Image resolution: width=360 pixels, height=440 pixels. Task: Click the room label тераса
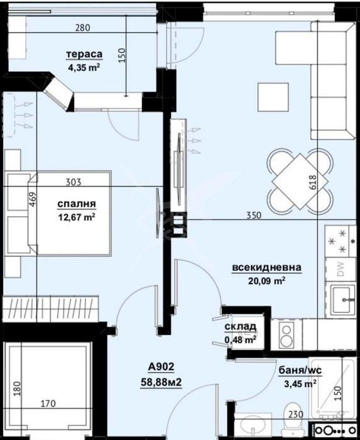tap(84, 54)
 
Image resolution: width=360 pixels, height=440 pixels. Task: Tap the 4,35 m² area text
tap(84, 67)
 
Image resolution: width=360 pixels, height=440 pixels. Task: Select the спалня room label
tap(77, 204)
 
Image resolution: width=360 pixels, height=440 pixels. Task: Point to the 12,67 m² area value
tap(77, 217)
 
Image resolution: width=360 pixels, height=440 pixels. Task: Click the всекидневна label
tap(266, 267)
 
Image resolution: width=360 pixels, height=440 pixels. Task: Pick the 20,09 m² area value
tap(266, 280)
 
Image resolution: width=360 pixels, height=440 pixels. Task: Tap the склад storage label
tap(240, 327)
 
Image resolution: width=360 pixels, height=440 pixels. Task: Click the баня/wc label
tap(300, 370)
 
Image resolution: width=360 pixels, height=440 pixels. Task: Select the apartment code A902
tap(161, 366)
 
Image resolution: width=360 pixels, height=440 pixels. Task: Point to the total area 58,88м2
tap(161, 382)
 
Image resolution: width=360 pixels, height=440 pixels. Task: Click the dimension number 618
tap(312, 182)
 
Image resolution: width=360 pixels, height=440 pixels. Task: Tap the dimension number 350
tap(254, 215)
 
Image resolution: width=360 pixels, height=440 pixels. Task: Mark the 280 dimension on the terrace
tap(83, 28)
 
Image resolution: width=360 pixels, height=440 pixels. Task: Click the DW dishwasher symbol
tap(340, 269)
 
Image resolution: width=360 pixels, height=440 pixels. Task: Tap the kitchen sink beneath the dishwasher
tap(342, 300)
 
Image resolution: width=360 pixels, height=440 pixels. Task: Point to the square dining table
tap(300, 181)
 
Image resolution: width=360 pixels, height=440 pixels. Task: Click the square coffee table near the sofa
tap(273, 97)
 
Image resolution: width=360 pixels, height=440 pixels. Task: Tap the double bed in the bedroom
tap(70, 213)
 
